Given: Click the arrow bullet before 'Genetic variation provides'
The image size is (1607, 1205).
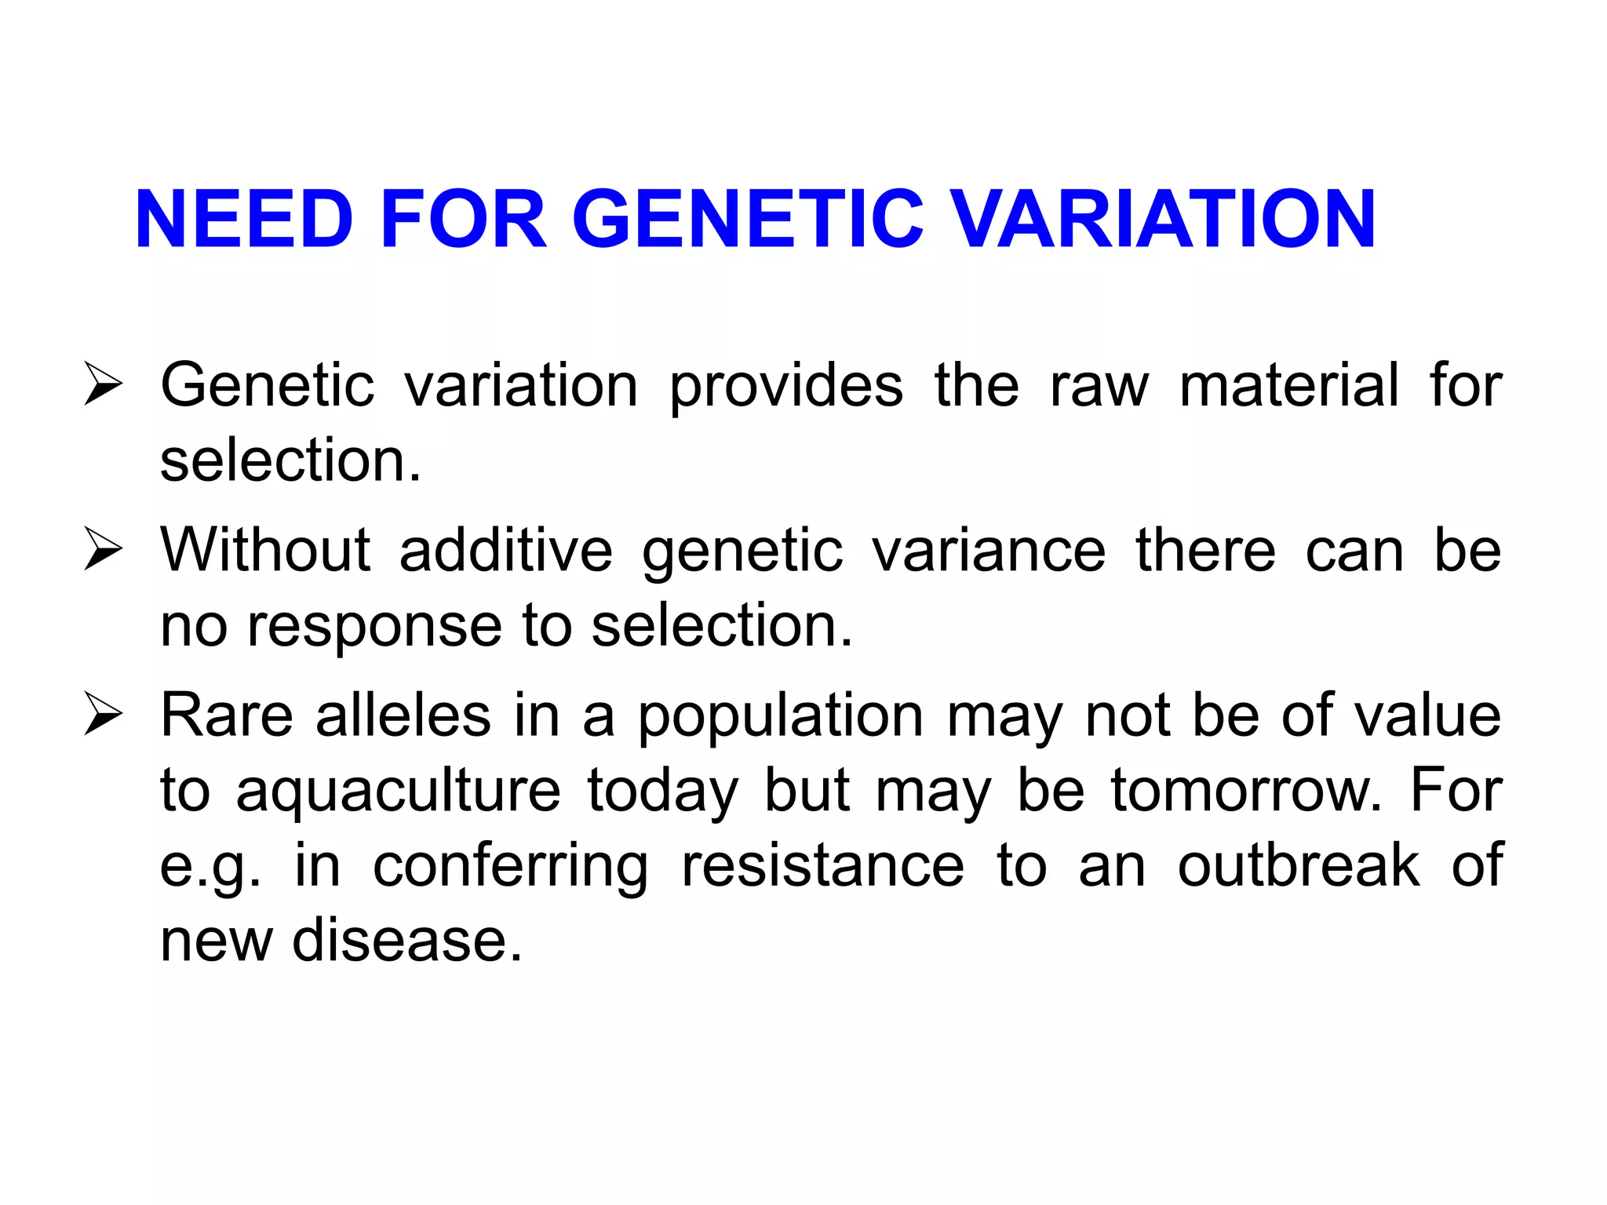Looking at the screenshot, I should [103, 384].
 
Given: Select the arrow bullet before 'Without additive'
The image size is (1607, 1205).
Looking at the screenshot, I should [103, 549].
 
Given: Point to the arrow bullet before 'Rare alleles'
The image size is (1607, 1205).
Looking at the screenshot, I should [103, 715].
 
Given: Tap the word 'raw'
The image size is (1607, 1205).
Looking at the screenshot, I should [1099, 386].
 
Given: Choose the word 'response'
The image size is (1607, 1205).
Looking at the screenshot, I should [374, 626].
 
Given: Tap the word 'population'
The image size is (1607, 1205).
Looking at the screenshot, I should [781, 717].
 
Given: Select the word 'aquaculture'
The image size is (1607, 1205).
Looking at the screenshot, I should [399, 791].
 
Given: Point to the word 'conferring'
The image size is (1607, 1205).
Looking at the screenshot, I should [511, 866].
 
